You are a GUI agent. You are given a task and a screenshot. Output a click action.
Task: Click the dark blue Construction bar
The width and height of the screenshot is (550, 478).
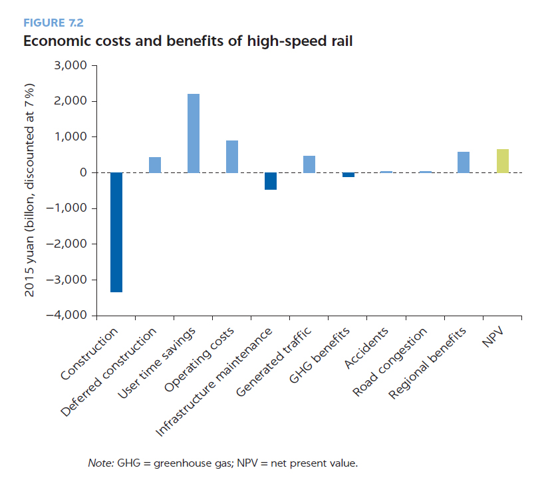click(116, 232)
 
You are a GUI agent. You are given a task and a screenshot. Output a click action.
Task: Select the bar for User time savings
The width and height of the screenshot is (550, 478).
click(194, 133)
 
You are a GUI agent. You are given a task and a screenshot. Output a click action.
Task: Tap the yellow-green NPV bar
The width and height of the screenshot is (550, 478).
click(502, 161)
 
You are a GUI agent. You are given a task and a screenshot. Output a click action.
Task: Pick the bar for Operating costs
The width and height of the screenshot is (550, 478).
click(232, 156)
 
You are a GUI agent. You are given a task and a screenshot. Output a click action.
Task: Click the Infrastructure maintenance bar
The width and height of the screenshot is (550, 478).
click(271, 181)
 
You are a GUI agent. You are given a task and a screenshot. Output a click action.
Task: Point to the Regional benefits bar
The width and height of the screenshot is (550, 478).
click(464, 162)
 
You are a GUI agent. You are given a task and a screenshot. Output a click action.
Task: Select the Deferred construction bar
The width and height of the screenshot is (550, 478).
click(155, 165)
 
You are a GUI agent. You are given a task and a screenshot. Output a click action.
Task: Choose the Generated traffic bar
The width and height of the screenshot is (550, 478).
click(309, 164)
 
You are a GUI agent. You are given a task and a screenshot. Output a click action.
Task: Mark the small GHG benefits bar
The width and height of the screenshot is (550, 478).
click(348, 174)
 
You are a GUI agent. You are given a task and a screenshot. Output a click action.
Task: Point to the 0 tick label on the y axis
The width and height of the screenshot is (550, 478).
click(82, 172)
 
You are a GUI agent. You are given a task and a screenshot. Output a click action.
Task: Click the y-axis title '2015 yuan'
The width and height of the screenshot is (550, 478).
click(30, 190)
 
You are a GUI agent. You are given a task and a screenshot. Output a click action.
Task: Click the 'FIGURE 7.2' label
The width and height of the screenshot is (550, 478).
click(53, 23)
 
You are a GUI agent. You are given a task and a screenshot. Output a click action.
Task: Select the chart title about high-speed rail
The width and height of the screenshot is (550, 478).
click(188, 41)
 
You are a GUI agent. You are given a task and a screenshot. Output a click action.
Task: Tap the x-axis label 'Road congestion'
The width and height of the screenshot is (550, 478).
click(391, 362)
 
